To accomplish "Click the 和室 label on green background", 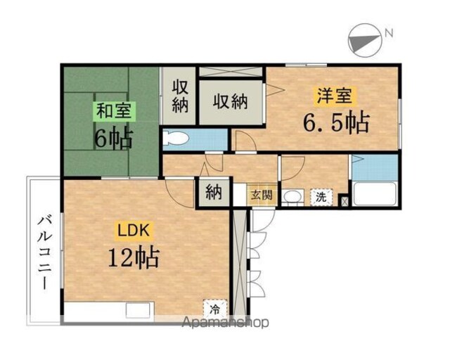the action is tap(114, 111).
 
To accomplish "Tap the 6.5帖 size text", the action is tap(336, 123).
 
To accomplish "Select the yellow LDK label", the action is tap(134, 230).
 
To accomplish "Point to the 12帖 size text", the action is tap(134, 257).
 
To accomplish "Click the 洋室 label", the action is tap(335, 96).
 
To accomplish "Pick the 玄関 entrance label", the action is tap(262, 195).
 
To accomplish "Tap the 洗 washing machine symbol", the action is tap(321, 197).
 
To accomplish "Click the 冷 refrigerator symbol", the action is tap(215, 309).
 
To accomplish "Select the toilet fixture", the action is tap(175, 139).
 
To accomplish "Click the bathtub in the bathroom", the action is tap(375, 194).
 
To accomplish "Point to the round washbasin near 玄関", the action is tap(292, 197).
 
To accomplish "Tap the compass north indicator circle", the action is tap(365, 40).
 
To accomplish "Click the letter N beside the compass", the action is tap(389, 34).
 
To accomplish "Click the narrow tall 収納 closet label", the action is tap(180, 96).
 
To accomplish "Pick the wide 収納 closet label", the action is tap(230, 101).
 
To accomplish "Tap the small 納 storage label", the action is tap(214, 192).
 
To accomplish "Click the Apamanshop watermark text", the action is tap(225, 322).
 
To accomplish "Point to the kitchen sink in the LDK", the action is tap(138, 310).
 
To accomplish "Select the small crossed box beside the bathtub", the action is tap(344, 200).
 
